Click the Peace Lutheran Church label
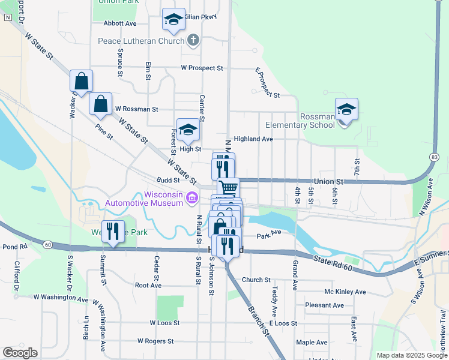[142, 41]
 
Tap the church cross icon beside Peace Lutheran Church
[193, 41]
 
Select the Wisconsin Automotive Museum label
[144, 199]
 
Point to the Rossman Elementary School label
[301, 121]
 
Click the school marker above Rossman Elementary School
[346, 110]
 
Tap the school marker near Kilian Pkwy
[173, 20]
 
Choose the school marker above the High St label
[188, 130]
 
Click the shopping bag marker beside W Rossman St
[100, 104]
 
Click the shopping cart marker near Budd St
[228, 188]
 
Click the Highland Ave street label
[253, 139]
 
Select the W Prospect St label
[202, 68]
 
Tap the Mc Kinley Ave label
[345, 292]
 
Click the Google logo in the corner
[20, 353]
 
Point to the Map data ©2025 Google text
[411, 355]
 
